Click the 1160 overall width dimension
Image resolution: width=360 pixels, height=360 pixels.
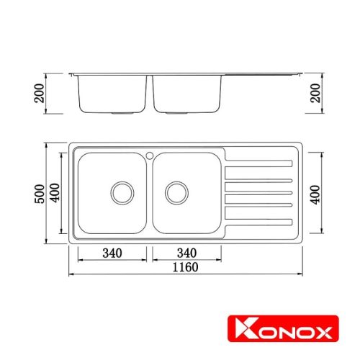pyautogui.click(x=186, y=266)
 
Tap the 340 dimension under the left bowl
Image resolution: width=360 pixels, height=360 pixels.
pyautogui.click(x=112, y=253)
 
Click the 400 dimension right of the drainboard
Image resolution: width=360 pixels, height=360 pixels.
pyautogui.click(x=315, y=192)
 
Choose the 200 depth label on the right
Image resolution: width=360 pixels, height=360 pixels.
pyautogui.click(x=315, y=94)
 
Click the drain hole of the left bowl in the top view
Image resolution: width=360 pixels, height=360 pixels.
pyautogui.click(x=121, y=192)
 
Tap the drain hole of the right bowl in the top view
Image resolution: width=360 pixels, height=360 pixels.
pyautogui.click(x=176, y=192)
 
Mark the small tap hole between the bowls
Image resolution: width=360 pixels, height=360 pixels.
pyautogui.click(x=149, y=154)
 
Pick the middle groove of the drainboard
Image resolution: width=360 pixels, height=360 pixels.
pyautogui.click(x=258, y=192)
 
